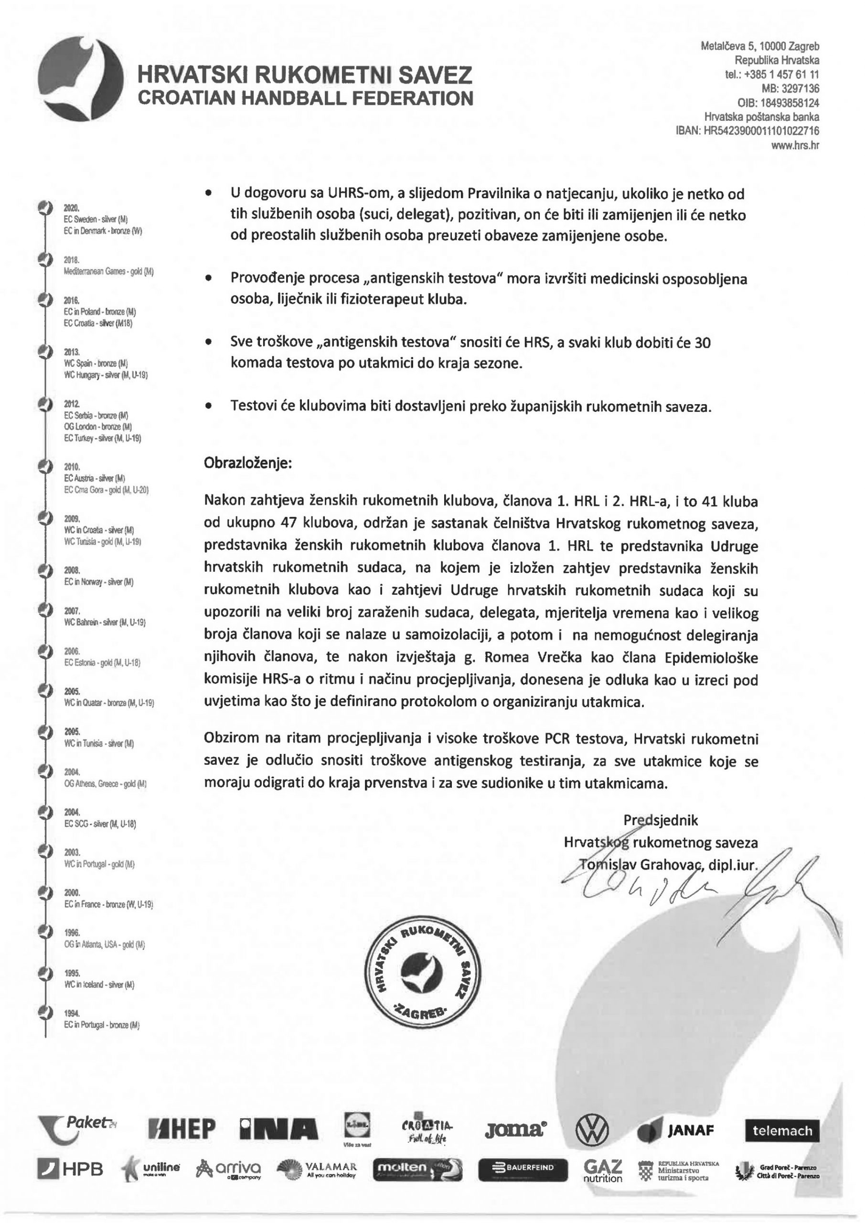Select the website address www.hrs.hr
795,145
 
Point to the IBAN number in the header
748,131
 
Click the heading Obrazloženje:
248,462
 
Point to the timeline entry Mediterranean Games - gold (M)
108,272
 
